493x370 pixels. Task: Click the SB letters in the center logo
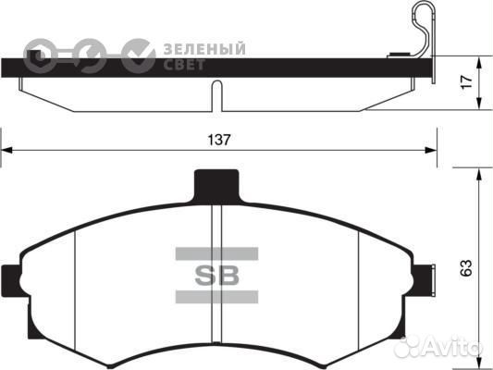[215, 275]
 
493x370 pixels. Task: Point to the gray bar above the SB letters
[215, 253]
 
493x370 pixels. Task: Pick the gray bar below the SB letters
[215, 296]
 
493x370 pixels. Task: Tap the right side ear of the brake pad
[427, 277]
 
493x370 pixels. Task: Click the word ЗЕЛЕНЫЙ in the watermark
[204, 48]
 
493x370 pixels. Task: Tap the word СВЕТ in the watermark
[184, 64]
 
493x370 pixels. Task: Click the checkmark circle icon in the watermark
[139, 55]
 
